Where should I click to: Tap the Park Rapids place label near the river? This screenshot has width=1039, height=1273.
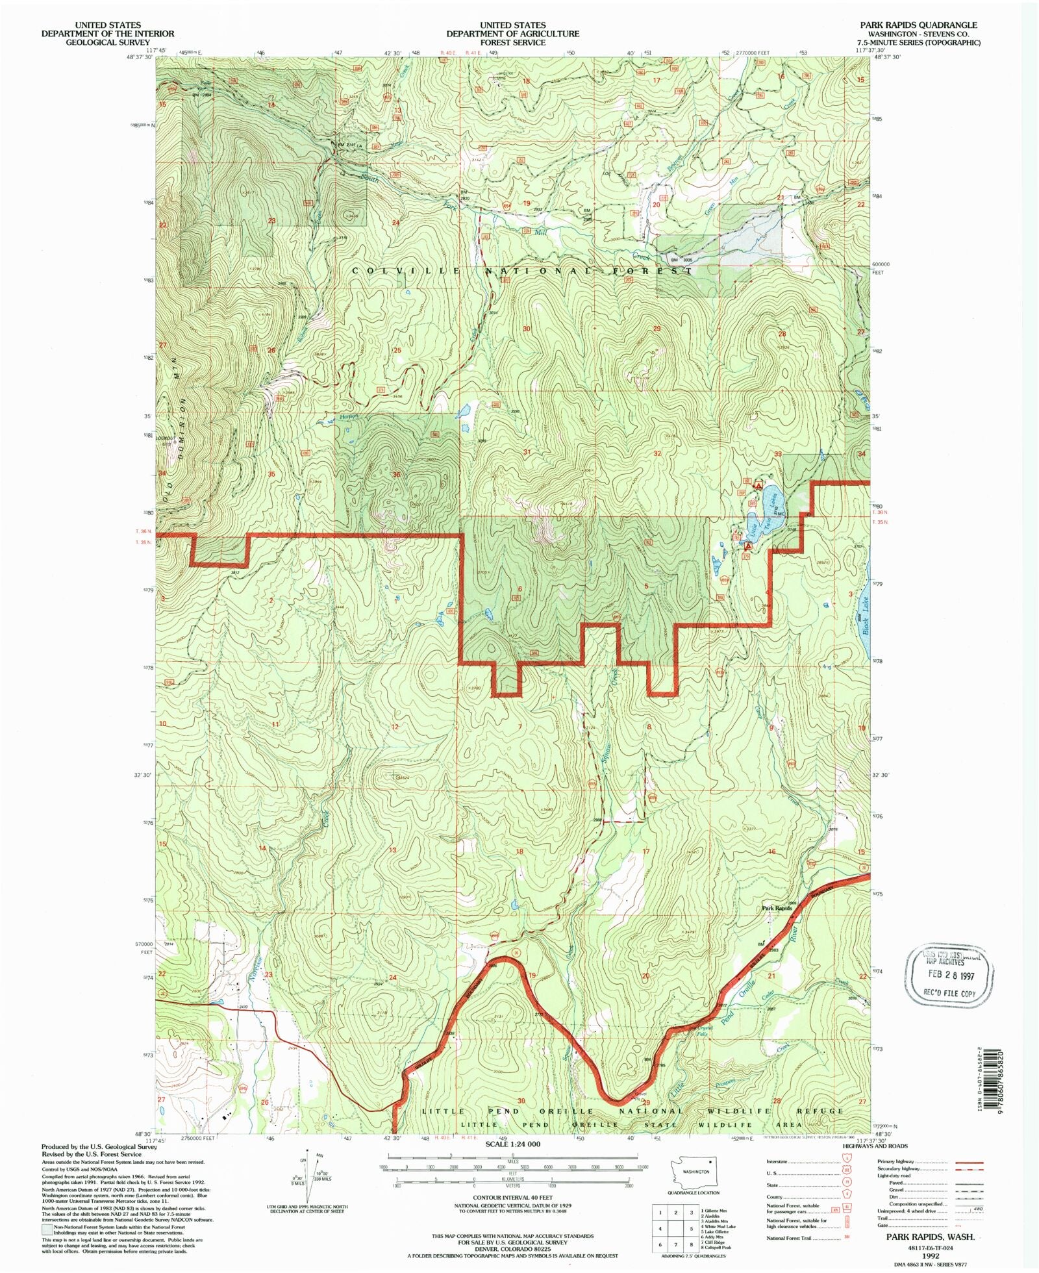[776, 908]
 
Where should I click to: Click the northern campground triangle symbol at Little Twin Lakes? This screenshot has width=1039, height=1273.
[757, 485]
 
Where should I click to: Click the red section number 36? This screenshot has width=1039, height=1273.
[396, 475]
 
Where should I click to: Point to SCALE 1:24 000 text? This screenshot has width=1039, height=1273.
[512, 1144]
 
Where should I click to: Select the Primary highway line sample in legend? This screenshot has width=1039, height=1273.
[968, 1163]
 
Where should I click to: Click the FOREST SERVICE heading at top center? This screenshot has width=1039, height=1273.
[512, 42]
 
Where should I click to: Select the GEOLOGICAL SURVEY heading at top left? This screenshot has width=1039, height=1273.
[107, 42]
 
